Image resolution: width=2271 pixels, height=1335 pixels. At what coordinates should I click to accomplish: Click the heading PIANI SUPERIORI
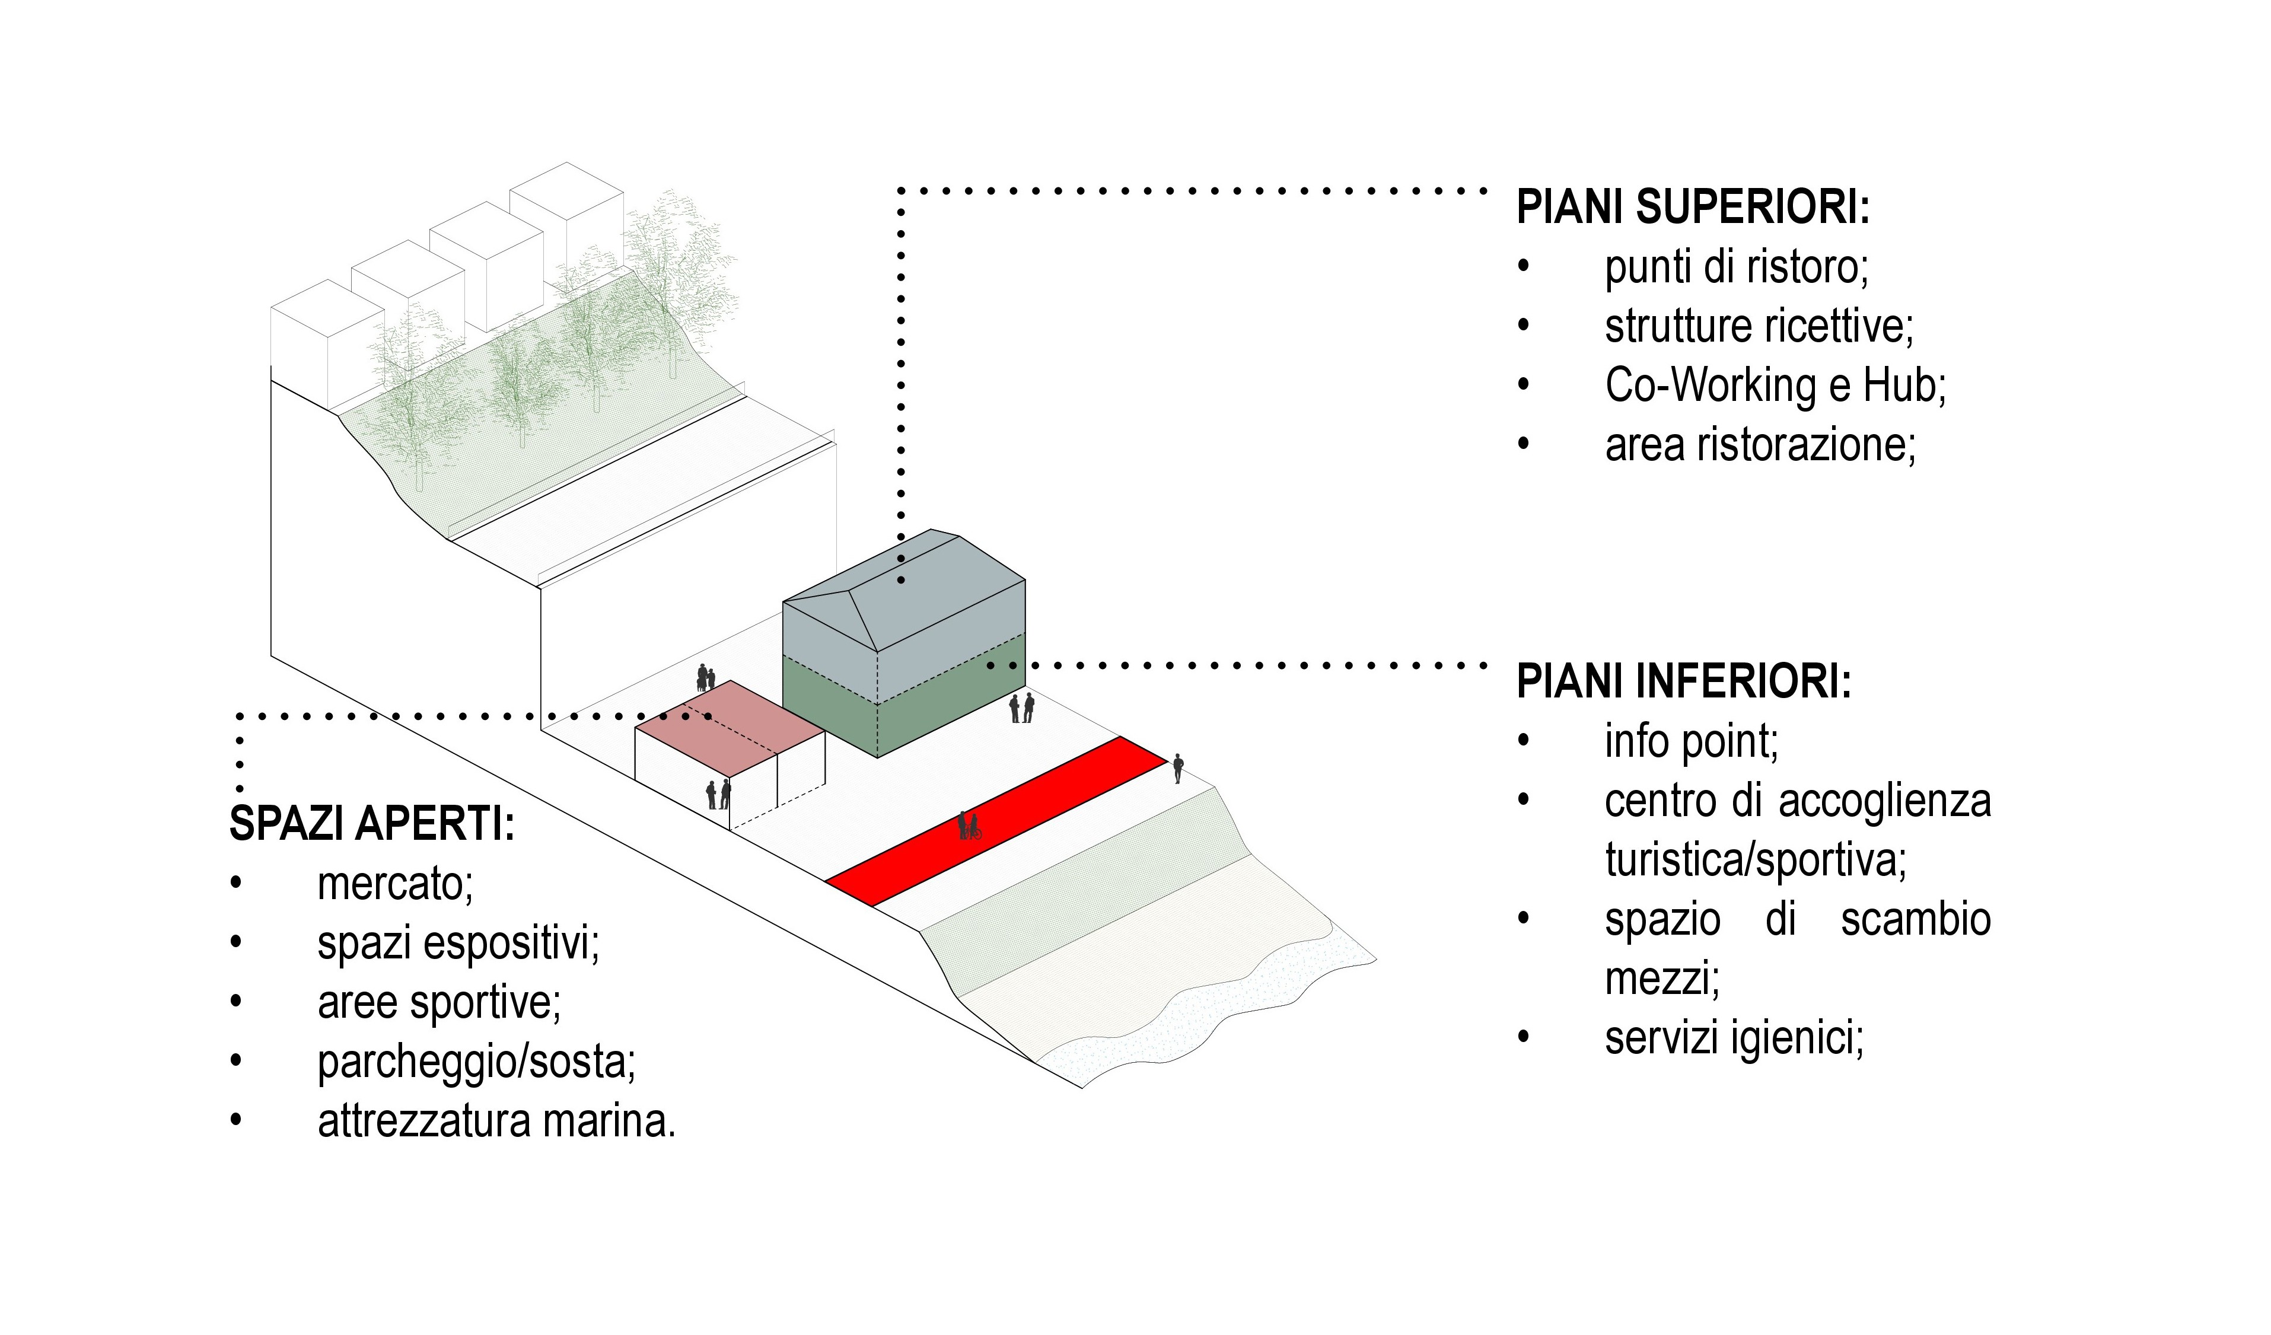click(1693, 208)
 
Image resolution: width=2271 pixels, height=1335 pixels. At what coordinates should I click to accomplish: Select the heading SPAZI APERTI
click(371, 823)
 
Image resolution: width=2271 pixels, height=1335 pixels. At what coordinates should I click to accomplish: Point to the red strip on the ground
click(996, 821)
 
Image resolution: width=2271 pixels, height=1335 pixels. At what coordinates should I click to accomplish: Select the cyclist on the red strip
click(969, 826)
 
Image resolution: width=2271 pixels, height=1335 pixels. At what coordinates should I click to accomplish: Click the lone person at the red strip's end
click(1178, 769)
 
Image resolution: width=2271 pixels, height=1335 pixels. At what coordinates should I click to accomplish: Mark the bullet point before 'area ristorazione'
click(1524, 444)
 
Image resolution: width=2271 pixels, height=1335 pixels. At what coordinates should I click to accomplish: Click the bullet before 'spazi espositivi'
click(236, 942)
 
